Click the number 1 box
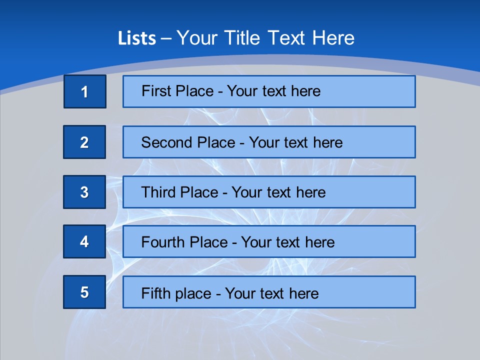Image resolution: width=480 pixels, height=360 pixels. (x=85, y=91)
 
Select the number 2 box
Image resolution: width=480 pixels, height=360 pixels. (x=84, y=142)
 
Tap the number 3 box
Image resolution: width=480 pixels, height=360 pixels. (x=84, y=192)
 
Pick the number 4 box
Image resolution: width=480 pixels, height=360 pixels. (x=84, y=241)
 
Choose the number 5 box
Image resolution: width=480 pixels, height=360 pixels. (x=84, y=292)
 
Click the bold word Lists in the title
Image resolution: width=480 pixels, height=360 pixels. (x=137, y=38)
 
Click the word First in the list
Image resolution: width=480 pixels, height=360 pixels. (x=156, y=91)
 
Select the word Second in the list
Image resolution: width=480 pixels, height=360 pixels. (x=167, y=142)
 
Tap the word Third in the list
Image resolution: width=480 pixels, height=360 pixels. (x=159, y=192)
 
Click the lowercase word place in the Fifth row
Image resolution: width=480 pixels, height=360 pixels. (x=191, y=293)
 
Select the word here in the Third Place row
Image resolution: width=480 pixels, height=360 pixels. (x=310, y=192)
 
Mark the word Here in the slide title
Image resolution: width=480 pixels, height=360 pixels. (x=333, y=38)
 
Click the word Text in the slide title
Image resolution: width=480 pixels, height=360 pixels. (x=286, y=38)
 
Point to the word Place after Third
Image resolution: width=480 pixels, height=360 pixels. (x=199, y=192)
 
